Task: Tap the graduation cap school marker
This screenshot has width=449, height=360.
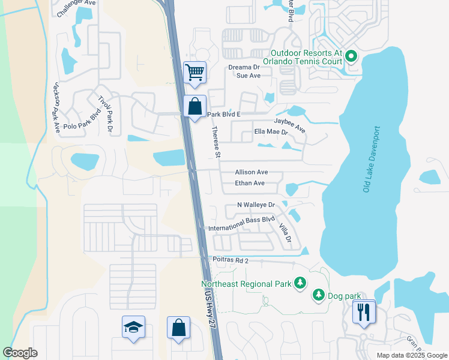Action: click(x=133, y=328)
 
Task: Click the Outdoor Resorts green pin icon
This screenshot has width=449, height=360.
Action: click(x=351, y=58)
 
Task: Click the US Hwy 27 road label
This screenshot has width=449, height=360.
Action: click(x=209, y=305)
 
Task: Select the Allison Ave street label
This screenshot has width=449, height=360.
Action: click(x=251, y=172)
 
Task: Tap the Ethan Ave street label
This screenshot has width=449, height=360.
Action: click(x=250, y=183)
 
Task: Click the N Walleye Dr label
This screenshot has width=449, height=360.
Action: click(x=255, y=205)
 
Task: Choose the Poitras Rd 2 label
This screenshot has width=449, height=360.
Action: click(x=230, y=260)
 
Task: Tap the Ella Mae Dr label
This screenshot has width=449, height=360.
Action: click(x=271, y=131)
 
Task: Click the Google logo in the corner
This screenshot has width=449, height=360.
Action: click(x=20, y=353)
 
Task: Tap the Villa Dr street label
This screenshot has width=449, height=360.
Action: click(x=285, y=233)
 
